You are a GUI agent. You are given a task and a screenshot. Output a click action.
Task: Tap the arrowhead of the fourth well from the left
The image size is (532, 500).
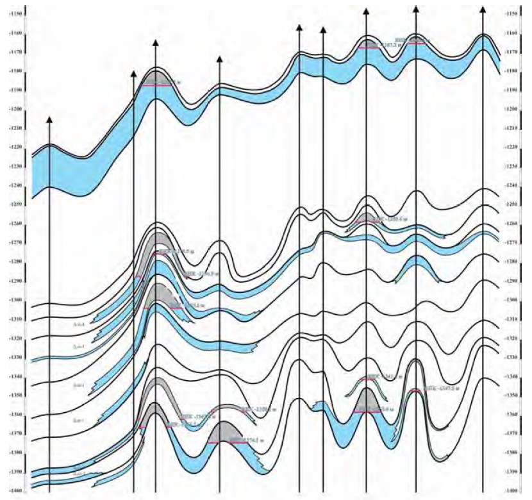[219, 59]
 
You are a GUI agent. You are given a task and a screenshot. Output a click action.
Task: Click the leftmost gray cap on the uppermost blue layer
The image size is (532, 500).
[157, 77]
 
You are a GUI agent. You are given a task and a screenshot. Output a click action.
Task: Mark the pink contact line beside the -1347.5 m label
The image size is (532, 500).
[415, 390]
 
